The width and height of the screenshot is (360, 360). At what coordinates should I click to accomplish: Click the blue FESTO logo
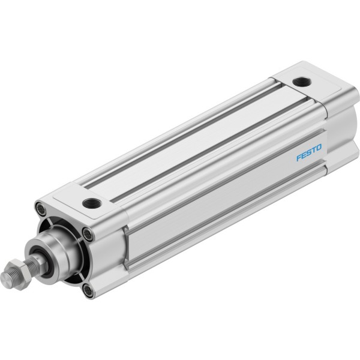tap(309, 152)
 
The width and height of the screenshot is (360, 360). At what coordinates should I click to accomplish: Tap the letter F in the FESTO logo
tap(299, 157)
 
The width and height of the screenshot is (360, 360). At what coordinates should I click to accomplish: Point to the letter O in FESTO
tap(319, 147)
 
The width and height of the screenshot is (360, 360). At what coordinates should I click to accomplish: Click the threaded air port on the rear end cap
tap(302, 82)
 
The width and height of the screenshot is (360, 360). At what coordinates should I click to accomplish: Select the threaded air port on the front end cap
tap(92, 203)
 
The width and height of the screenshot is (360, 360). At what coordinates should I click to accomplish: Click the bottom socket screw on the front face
tap(88, 290)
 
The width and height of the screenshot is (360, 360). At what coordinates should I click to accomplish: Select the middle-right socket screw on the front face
tap(89, 234)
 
